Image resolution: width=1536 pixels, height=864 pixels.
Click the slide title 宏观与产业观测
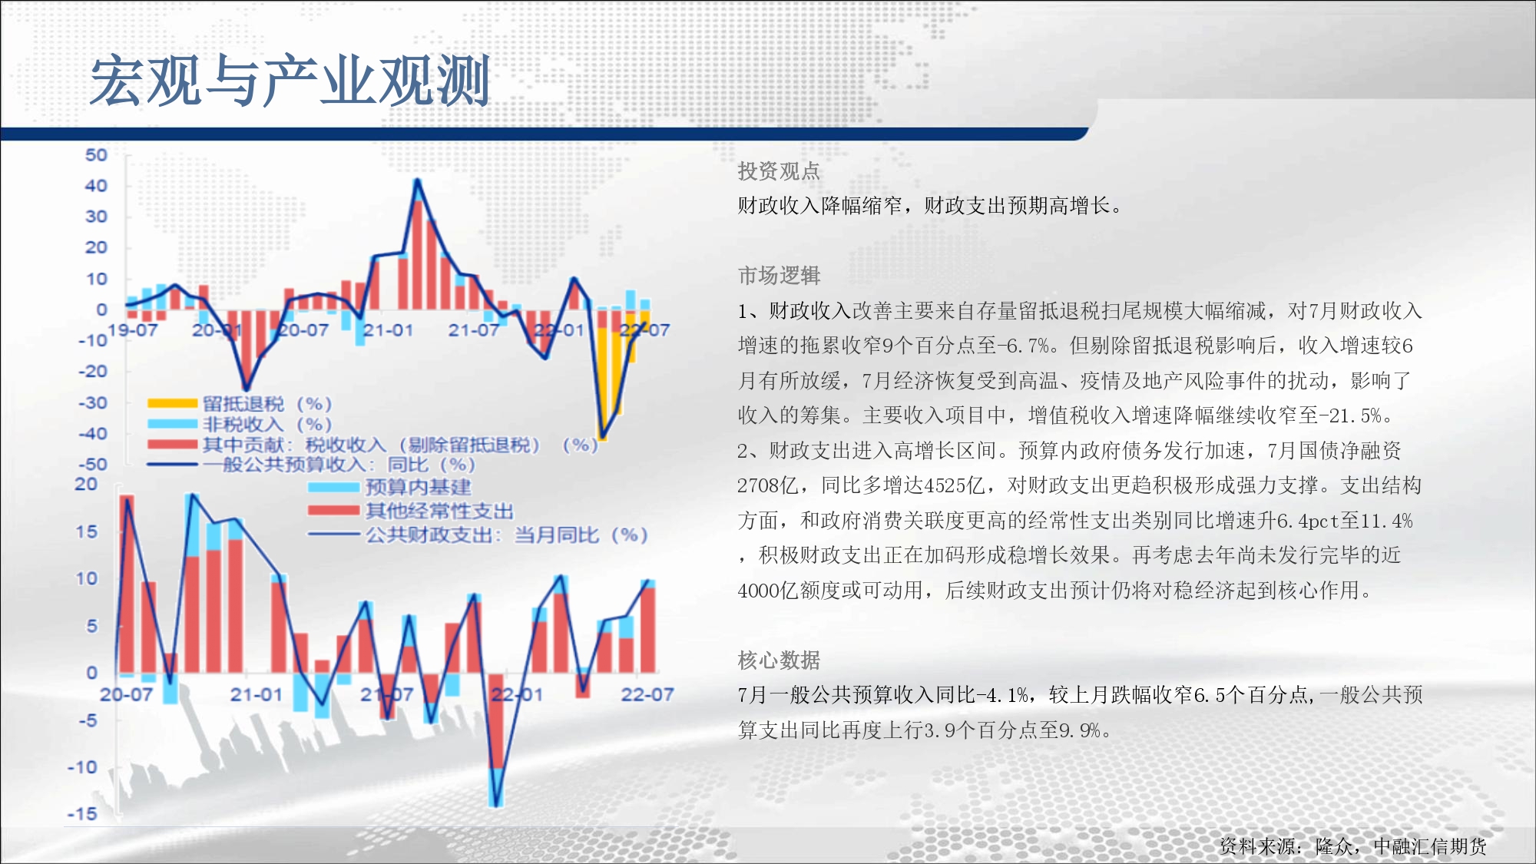(290, 81)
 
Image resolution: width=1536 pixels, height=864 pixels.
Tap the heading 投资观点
(779, 171)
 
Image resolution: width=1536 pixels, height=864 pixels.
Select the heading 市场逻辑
(779, 275)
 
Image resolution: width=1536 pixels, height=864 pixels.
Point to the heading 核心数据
(779, 660)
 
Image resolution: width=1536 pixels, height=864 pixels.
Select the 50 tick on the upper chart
(96, 155)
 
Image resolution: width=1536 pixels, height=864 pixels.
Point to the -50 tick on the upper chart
(93, 465)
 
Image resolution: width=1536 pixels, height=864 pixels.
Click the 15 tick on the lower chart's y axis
(87, 531)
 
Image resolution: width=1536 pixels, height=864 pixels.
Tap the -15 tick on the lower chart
(82, 813)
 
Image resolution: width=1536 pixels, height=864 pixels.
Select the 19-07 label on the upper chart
(133, 330)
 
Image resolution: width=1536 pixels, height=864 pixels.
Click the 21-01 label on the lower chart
(257, 694)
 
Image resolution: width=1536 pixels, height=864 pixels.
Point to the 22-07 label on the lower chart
(647, 694)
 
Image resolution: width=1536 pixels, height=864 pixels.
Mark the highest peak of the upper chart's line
(417, 180)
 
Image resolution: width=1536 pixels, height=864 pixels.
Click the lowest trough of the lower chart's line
(496, 805)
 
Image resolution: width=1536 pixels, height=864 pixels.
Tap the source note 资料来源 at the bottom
(1353, 846)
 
